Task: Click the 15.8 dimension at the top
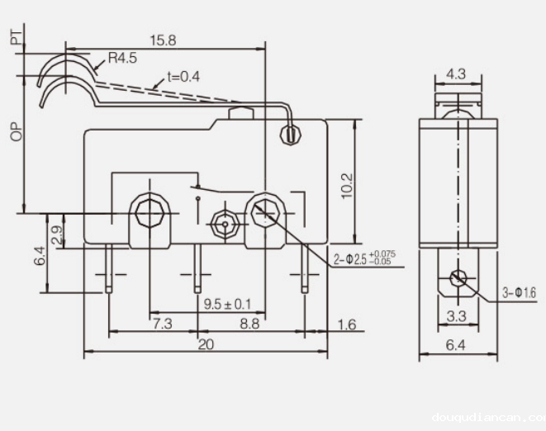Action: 164,39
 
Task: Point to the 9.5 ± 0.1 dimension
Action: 227,304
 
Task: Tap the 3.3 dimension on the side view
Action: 455,315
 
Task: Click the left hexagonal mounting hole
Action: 150,212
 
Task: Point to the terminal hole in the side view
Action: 455,278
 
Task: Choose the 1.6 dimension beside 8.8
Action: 346,324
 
